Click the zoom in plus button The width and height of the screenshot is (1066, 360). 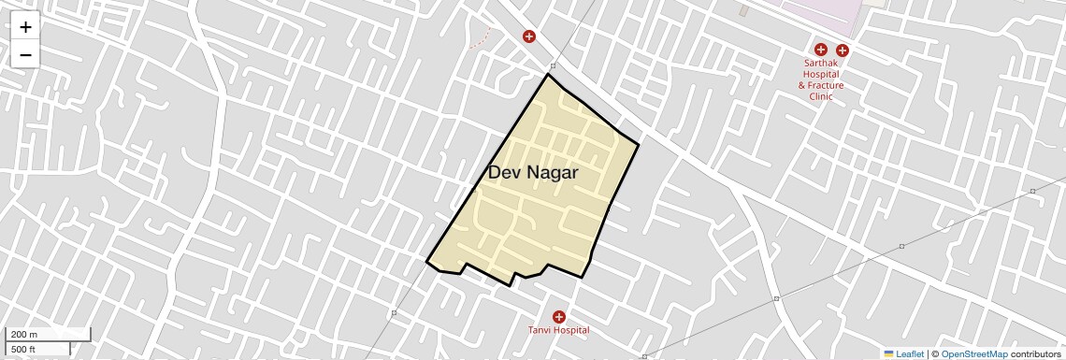pyautogui.click(x=25, y=27)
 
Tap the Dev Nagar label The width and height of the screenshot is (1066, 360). pyautogui.click(x=533, y=173)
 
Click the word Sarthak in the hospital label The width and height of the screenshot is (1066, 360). pyautogui.click(x=821, y=64)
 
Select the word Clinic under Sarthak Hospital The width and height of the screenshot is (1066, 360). pyautogui.click(x=821, y=96)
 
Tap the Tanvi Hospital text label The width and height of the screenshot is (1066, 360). pyautogui.click(x=559, y=330)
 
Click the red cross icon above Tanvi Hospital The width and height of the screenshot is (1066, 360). pyautogui.click(x=559, y=317)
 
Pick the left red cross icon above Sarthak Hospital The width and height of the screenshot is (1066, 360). pyautogui.click(x=820, y=50)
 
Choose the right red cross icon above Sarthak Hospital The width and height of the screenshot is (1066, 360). pyautogui.click(x=843, y=50)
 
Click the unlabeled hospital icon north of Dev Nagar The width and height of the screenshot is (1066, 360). pyautogui.click(x=529, y=36)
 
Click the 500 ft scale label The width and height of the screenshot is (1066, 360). pyautogui.click(x=23, y=349)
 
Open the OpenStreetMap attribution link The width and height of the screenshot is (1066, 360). pyautogui.click(x=973, y=354)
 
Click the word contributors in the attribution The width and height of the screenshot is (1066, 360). pyautogui.click(x=1035, y=354)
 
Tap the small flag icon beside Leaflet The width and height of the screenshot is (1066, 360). pyautogui.click(x=888, y=354)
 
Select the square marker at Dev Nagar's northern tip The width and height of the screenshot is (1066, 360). pyautogui.click(x=553, y=66)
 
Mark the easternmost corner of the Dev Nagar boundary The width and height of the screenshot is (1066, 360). pyautogui.click(x=639, y=144)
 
